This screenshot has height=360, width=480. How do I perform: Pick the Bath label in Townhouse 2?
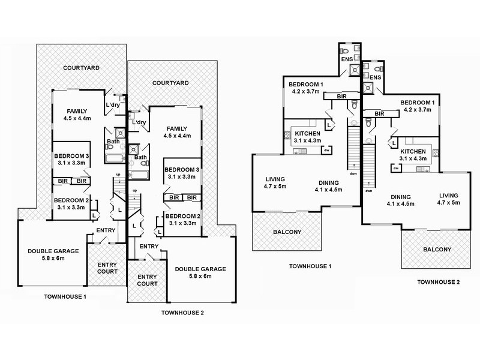pyautogui.click(x=141, y=157)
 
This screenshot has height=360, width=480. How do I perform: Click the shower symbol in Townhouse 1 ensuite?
pyautogui.click(x=355, y=70)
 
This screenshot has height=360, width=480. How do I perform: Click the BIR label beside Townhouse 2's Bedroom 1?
pyautogui.click(x=379, y=113)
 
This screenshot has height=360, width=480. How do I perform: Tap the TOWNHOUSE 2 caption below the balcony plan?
pyautogui.click(x=439, y=282)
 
